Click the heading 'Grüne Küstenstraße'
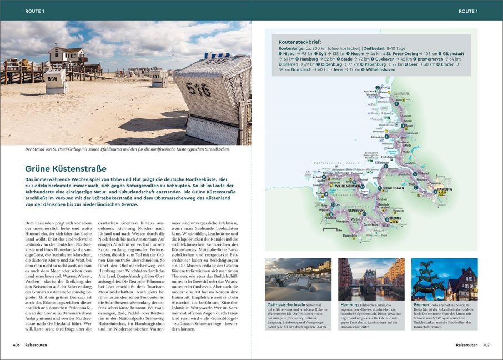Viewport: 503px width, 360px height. click(66, 168)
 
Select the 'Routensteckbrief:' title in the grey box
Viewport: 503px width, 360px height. click(302, 42)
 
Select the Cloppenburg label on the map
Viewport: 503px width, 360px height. click(350, 235)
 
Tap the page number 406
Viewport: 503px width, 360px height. click(17, 344)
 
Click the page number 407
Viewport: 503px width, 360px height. click(486, 344)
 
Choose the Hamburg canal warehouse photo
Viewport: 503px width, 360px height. click(371, 279)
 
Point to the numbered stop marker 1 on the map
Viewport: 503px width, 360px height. click(378, 87)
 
